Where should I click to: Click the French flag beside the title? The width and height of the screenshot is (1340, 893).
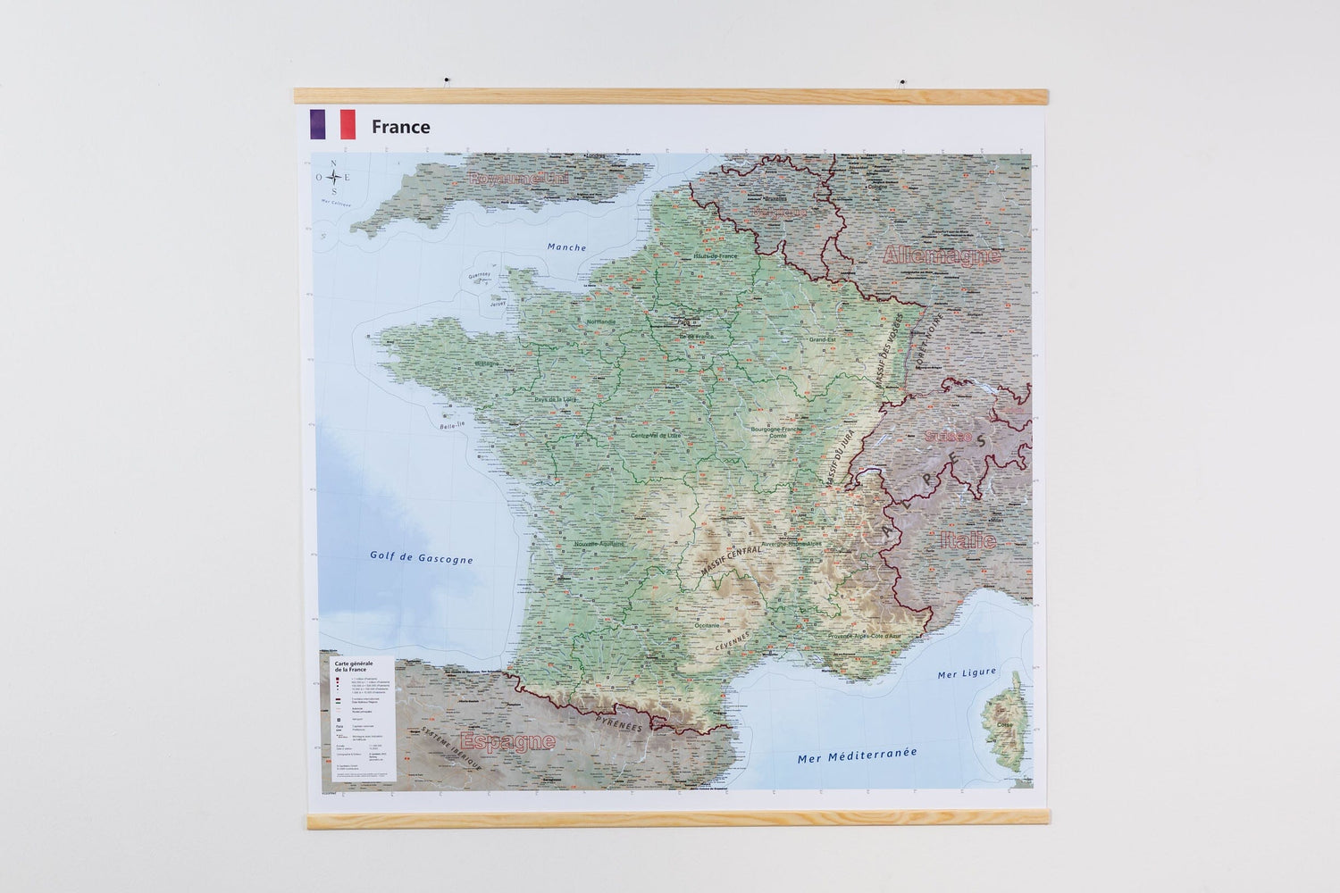[x=332, y=125]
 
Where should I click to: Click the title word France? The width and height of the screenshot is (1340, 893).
[x=400, y=127]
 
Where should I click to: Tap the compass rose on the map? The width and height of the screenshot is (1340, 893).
[x=334, y=177]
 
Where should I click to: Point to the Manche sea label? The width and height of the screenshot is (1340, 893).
[x=566, y=247]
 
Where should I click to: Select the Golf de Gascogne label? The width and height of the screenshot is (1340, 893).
[x=421, y=558]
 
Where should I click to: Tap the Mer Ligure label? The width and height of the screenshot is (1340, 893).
[x=966, y=674]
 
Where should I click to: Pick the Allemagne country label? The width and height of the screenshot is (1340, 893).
[x=941, y=255]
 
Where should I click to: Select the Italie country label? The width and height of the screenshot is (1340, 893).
[x=967, y=539]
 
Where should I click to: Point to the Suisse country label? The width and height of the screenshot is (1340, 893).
[x=948, y=437]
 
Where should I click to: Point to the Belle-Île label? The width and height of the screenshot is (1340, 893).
[x=452, y=428]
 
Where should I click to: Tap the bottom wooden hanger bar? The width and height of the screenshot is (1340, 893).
[x=675, y=819]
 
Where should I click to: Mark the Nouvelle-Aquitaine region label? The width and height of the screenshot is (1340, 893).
[x=599, y=544]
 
